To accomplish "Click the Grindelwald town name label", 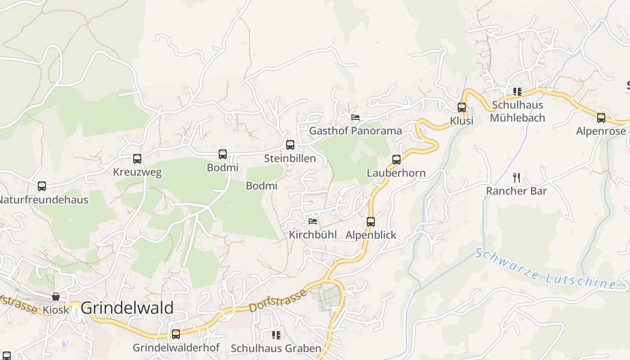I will [x=127, y=308].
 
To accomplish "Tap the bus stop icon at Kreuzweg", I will [x=137, y=159].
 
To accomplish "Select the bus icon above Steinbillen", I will [x=290, y=145].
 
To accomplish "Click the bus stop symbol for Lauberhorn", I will [x=396, y=160].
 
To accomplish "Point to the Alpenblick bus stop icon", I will [x=371, y=221].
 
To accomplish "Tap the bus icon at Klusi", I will [x=462, y=108].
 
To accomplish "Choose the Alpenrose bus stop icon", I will [x=601, y=118].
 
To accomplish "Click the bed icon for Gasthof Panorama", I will [x=355, y=117].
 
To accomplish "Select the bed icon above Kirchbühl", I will [x=313, y=221].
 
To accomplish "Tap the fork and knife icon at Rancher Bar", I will [x=517, y=178].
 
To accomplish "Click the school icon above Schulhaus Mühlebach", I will [x=517, y=92].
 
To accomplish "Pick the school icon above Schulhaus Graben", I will [x=276, y=335].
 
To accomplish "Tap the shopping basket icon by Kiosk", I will [x=56, y=297].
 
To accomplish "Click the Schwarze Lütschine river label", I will [x=545, y=269].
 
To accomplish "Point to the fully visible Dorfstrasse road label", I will [x=278, y=301].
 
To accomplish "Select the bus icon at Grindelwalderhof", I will [x=176, y=334].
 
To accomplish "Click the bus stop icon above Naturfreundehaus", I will [x=42, y=186].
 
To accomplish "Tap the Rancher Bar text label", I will [x=517, y=191].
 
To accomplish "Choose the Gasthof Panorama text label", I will [x=355, y=131].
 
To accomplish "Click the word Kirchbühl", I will [x=313, y=235].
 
